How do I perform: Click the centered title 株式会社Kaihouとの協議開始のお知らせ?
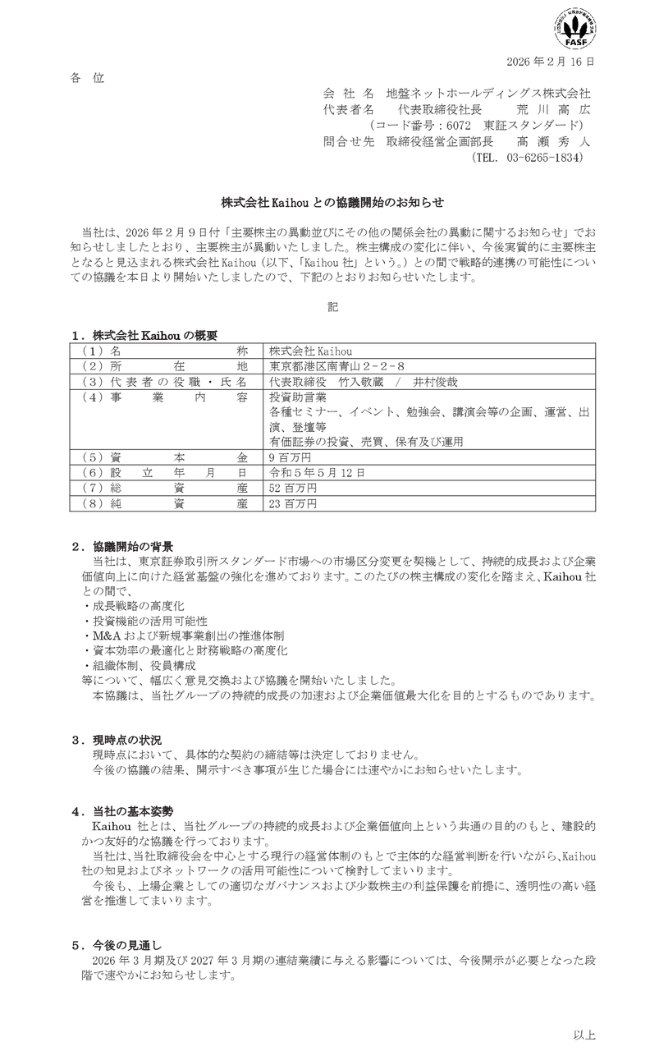pyautogui.click(x=325, y=200)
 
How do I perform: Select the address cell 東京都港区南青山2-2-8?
pyautogui.click(x=337, y=365)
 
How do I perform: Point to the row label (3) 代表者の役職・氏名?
pyautogui.click(x=165, y=381)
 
